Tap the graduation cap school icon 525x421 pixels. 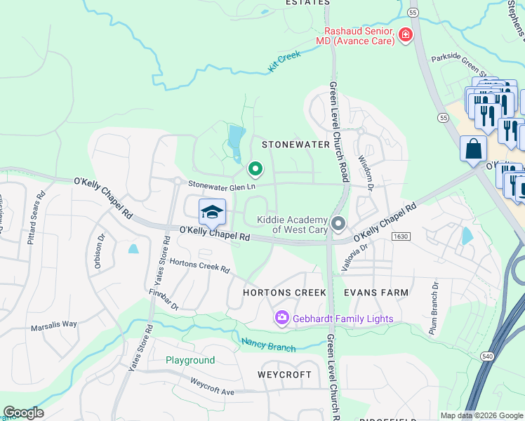click(x=211, y=211)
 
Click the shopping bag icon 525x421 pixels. click(x=473, y=148)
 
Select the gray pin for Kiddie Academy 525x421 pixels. click(x=338, y=224)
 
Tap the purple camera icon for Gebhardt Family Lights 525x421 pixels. click(x=282, y=319)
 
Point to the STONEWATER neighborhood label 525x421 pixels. click(x=295, y=144)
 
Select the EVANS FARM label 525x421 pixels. click(x=376, y=292)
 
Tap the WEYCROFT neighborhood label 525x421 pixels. click(x=284, y=375)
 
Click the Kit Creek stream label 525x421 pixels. click(x=284, y=61)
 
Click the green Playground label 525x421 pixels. click(x=190, y=360)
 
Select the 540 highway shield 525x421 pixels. click(x=486, y=357)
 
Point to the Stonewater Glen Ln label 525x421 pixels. click(x=221, y=185)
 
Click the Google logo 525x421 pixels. click(x=23, y=413)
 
